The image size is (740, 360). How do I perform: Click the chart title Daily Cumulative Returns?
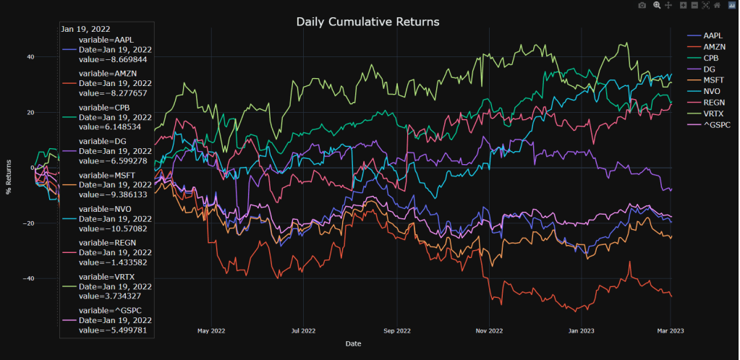(x=367, y=22)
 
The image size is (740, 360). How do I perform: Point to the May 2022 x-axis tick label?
(x=211, y=330)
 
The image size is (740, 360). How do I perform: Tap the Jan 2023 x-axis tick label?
(x=582, y=330)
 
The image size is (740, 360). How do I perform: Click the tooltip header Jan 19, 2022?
(x=85, y=29)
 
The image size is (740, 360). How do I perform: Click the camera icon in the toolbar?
(x=642, y=6)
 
